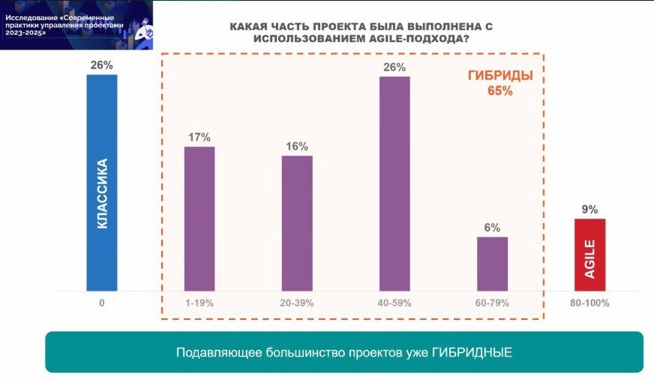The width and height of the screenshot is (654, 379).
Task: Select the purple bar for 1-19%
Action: [x=199, y=218]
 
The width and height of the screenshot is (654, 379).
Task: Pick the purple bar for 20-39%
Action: [x=297, y=222]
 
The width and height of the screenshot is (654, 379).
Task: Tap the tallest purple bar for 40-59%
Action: [x=394, y=183]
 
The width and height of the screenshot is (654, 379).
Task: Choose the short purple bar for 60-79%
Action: [x=493, y=263]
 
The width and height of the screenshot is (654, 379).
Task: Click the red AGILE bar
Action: [x=589, y=254]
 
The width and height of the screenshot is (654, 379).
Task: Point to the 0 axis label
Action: [x=101, y=303]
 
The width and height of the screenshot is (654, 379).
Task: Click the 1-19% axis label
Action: [x=199, y=303]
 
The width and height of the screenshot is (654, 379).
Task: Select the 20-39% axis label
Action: [x=297, y=303]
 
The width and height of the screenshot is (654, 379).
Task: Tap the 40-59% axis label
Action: [x=394, y=303]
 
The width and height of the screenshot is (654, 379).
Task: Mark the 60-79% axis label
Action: [x=493, y=303]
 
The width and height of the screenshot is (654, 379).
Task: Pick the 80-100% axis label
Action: [x=589, y=303]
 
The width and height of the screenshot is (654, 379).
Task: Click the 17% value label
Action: [x=199, y=137]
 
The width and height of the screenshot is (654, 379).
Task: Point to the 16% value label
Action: [x=297, y=146]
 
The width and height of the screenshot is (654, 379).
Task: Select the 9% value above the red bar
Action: [x=589, y=210]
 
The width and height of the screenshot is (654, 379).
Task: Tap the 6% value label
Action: [x=493, y=228]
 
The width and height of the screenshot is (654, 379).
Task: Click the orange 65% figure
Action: [x=500, y=91]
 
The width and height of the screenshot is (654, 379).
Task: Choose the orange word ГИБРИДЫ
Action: [x=500, y=76]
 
